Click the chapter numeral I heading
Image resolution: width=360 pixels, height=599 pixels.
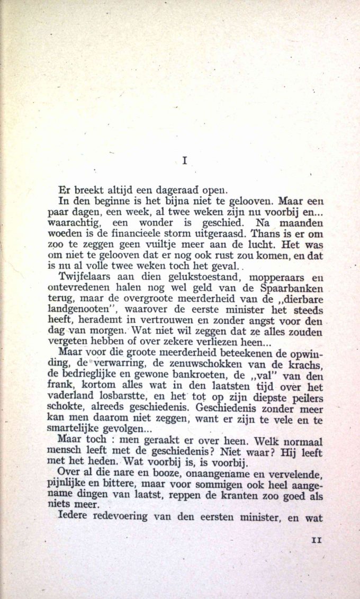coord(184,161)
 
